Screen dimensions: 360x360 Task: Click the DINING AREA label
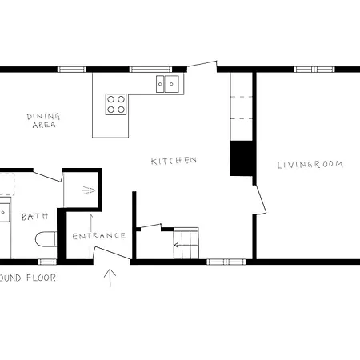click(43, 121)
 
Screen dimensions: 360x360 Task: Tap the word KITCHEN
click(174, 161)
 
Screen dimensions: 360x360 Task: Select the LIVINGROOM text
click(310, 165)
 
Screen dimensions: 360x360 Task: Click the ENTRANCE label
click(99, 235)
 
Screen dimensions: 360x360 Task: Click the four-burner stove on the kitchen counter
click(117, 102)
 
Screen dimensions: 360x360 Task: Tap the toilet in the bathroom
click(46, 238)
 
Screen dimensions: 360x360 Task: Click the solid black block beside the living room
click(241, 158)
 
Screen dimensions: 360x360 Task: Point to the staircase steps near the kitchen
click(189, 243)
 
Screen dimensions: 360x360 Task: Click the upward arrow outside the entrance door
click(110, 278)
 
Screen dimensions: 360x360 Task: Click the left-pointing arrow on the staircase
click(178, 246)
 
